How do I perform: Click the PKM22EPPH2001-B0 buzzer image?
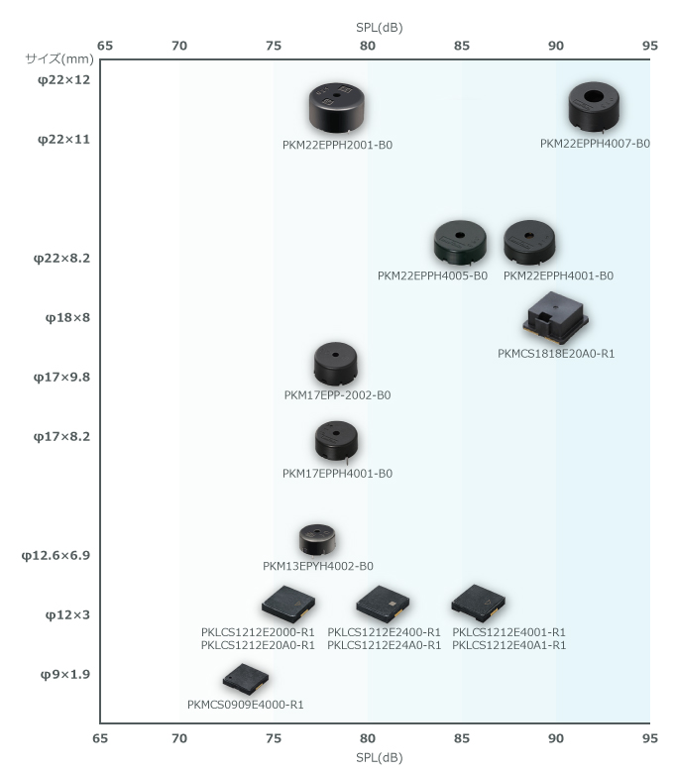[336, 108]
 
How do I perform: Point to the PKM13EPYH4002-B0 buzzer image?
[318, 540]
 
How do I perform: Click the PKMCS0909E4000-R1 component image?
[245, 679]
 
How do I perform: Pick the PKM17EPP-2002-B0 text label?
[337, 395]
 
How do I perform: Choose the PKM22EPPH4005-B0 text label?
[432, 276]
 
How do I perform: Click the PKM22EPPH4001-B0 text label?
[558, 276]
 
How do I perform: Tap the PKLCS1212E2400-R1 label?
[384, 632]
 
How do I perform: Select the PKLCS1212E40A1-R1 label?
[508, 645]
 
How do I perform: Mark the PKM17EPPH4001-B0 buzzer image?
[336, 441]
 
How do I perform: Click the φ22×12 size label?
[63, 79]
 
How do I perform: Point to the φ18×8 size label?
[67, 318]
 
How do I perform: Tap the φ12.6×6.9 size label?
[56, 556]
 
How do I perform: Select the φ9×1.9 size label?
[65, 675]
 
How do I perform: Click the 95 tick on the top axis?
[650, 46]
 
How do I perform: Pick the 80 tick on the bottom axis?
[368, 738]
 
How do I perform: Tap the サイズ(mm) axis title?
[57, 58]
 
